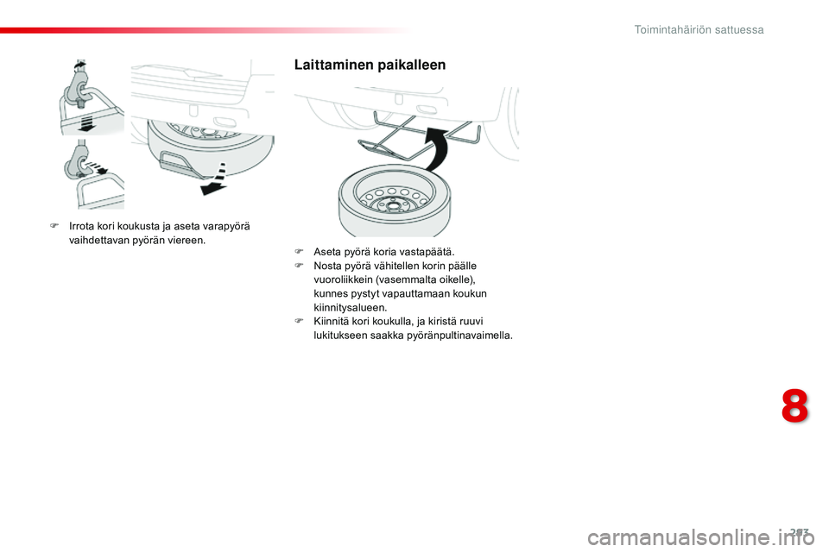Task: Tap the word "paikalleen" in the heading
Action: pos(410,65)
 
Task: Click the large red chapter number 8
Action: pos(795,407)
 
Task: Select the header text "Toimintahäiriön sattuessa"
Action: pos(699,29)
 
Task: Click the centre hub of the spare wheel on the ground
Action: pos(393,205)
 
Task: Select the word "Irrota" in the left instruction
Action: pos(83,227)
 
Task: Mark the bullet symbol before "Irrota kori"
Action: pos(53,227)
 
